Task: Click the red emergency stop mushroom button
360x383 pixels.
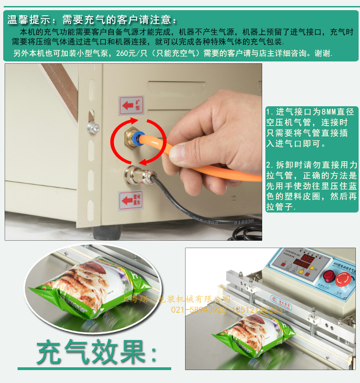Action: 342,278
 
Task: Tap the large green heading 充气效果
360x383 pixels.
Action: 96,353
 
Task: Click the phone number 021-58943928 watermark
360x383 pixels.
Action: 199,309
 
